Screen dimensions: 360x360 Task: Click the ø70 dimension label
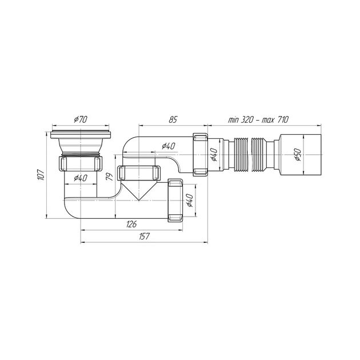click(x=81, y=119)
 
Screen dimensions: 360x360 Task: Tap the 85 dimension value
click(x=173, y=119)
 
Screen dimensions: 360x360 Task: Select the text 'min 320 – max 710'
click(x=258, y=119)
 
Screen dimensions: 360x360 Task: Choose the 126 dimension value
click(x=131, y=224)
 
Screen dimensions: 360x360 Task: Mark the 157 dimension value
click(x=144, y=236)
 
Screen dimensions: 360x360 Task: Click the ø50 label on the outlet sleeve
click(x=298, y=154)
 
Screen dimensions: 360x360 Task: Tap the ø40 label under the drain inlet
click(x=81, y=178)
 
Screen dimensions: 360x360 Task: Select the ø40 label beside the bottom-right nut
click(x=190, y=200)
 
